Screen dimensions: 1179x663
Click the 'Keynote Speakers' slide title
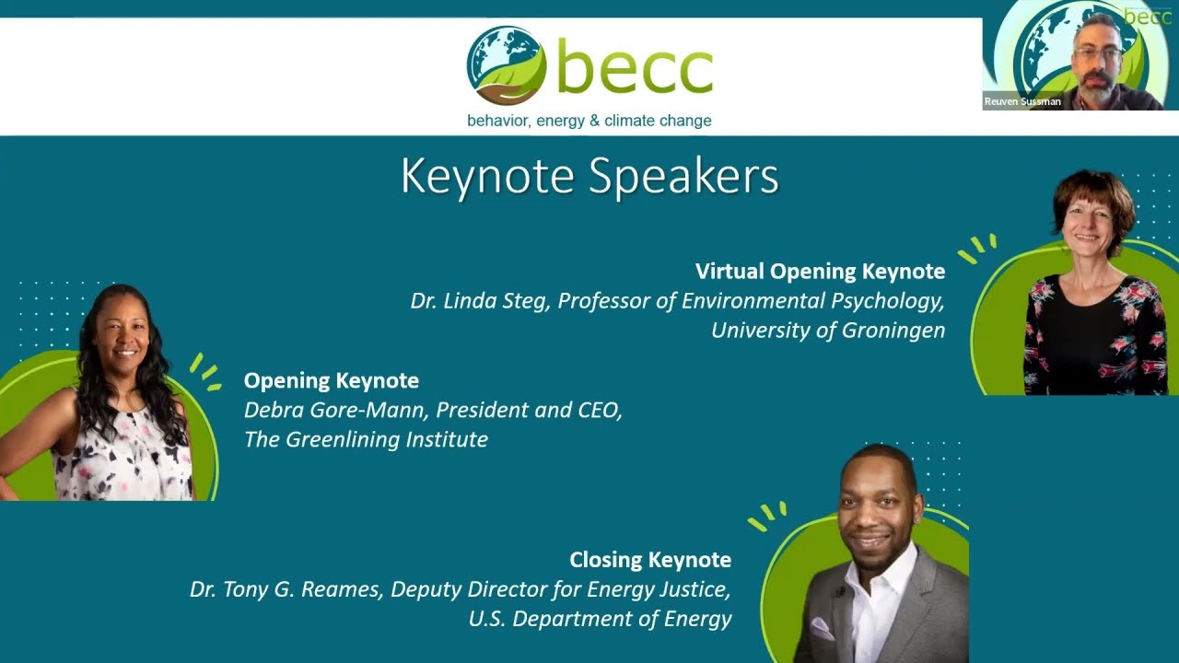click(589, 176)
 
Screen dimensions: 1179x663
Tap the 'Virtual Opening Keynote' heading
click(820, 272)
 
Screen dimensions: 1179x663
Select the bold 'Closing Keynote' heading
click(650, 560)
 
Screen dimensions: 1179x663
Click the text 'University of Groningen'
click(828, 331)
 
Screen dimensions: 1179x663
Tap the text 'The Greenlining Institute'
click(366, 439)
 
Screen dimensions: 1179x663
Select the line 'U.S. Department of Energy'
click(600, 619)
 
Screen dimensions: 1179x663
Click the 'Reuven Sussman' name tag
click(1022, 101)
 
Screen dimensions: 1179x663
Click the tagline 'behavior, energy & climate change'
click(589, 121)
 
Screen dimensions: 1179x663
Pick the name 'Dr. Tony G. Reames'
click(286, 589)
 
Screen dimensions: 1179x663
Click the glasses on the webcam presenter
click(1098, 52)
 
